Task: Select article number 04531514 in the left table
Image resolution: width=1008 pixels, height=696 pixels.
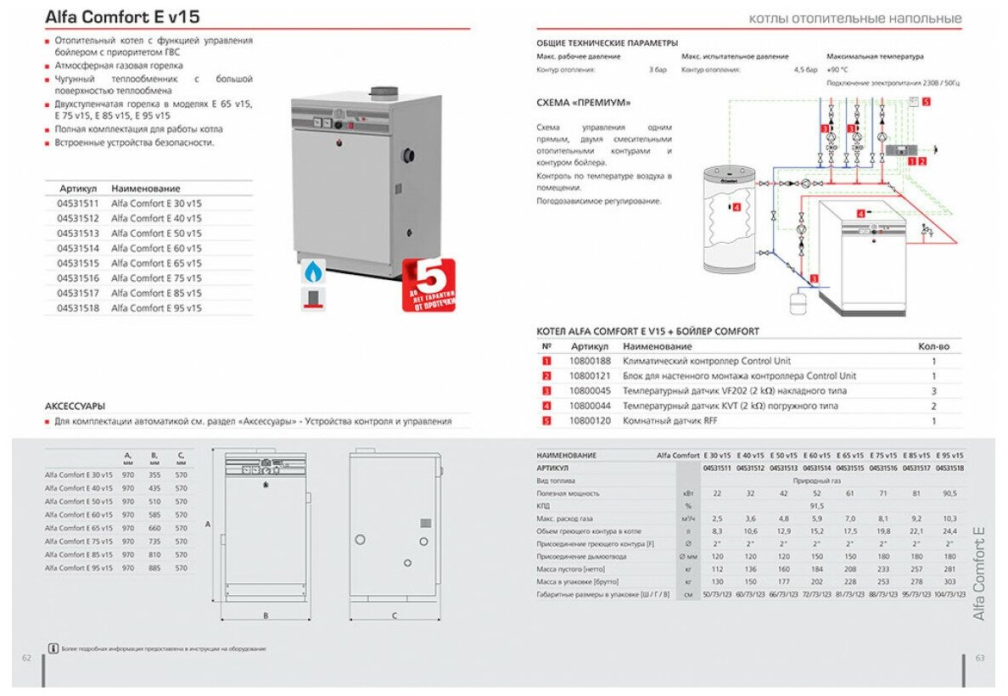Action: pos(78,249)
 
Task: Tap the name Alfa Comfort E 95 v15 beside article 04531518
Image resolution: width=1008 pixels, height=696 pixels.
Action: pos(156,308)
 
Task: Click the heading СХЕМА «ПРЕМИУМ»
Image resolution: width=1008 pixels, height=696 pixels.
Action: pos(584,103)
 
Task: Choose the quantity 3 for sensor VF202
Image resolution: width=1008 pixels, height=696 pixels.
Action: pos(933,391)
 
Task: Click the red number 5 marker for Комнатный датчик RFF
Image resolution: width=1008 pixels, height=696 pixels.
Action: pos(547,421)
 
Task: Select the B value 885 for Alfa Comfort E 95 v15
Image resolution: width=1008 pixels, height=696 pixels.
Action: pos(154,568)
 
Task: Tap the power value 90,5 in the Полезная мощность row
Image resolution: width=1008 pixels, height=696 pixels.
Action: pos(949,493)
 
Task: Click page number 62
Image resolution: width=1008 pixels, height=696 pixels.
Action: pos(26,658)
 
